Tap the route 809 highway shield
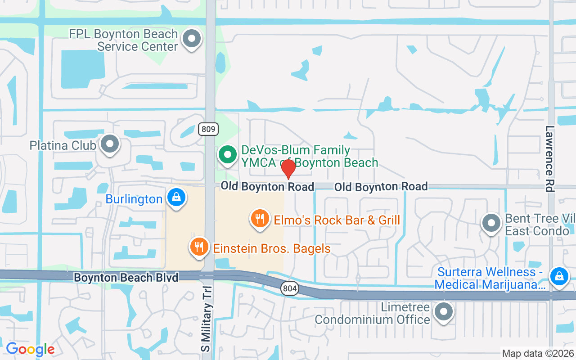(x=208, y=130)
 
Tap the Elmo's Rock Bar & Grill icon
(x=260, y=219)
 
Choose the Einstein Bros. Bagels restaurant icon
(x=199, y=247)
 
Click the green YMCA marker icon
(x=228, y=154)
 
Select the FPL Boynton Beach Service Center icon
(x=192, y=38)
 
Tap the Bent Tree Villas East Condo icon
(x=491, y=223)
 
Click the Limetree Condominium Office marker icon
(x=444, y=310)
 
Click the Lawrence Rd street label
(x=550, y=159)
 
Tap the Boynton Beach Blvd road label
(x=126, y=277)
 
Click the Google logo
(x=30, y=349)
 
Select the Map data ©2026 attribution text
(x=538, y=353)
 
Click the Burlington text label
(x=134, y=199)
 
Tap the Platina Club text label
(x=63, y=145)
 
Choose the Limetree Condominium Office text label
(x=373, y=314)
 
